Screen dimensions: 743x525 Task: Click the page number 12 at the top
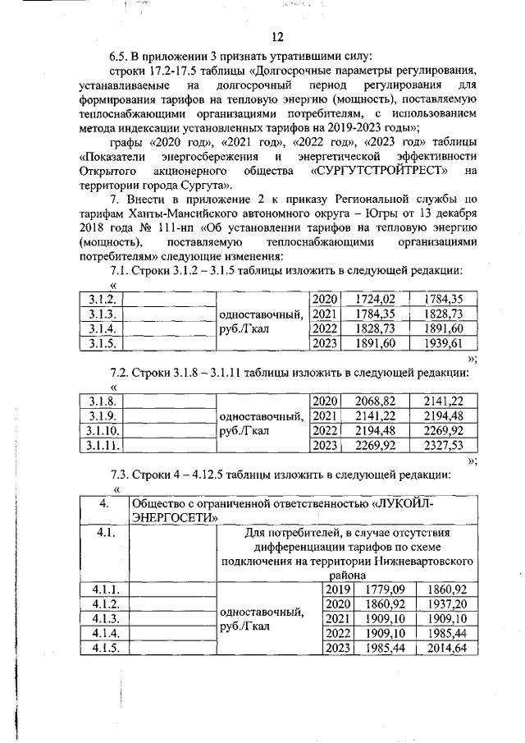tap(276, 37)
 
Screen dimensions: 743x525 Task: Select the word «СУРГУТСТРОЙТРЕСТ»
tap(380, 170)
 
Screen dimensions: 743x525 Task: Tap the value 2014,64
tap(448, 649)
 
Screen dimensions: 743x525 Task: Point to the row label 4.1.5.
tap(106, 649)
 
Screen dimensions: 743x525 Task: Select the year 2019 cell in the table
tap(337, 589)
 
